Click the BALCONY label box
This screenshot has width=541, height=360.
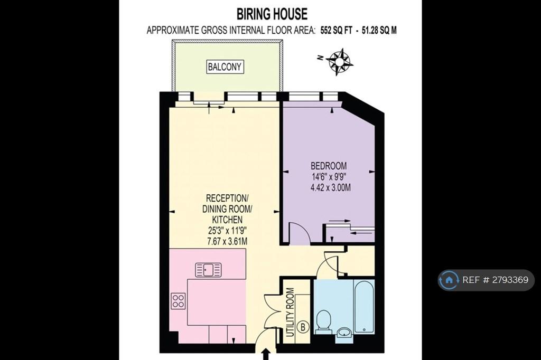225,67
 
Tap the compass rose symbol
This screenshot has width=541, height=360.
340,62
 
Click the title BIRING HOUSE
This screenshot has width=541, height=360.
272,14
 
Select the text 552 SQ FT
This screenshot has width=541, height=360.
336,30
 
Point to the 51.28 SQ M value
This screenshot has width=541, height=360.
379,30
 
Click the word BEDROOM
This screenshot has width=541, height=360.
329,166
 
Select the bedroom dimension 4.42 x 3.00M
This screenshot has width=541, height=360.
331,188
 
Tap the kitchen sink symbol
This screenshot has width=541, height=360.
208,270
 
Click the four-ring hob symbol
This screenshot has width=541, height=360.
178,301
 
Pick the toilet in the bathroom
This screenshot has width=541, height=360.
324,321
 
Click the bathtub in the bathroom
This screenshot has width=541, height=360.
363,307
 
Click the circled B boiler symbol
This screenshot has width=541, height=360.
303,327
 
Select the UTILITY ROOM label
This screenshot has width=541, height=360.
291,312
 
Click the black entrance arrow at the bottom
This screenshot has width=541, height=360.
266,355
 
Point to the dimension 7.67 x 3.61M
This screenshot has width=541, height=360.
227,241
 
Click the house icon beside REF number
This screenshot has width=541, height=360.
449,280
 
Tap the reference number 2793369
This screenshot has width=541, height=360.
510,280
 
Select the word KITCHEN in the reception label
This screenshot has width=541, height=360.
227,219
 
